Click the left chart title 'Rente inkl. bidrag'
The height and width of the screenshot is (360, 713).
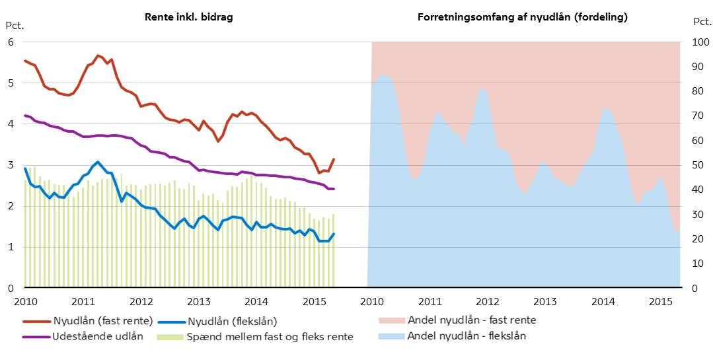click(x=189, y=17)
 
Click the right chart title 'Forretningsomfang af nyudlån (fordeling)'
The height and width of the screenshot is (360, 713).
click(x=523, y=17)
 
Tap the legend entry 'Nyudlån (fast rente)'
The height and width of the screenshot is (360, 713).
click(x=102, y=322)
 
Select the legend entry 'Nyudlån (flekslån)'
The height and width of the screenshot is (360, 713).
click(x=232, y=322)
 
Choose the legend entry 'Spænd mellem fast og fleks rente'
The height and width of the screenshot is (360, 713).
click(x=270, y=336)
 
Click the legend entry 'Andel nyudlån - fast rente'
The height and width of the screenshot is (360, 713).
click(x=472, y=320)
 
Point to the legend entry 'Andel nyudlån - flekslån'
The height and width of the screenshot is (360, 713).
click(x=467, y=336)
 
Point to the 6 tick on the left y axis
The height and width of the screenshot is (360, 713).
click(x=10, y=42)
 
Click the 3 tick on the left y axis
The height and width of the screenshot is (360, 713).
click(x=10, y=165)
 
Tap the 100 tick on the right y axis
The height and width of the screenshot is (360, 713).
click(x=698, y=42)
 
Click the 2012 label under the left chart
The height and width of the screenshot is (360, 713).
click(x=140, y=302)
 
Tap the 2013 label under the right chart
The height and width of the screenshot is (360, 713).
click(x=545, y=302)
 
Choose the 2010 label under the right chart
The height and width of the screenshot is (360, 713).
click(x=372, y=302)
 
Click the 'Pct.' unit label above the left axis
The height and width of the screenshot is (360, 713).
click(x=14, y=26)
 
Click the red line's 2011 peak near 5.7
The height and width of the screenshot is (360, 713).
click(x=98, y=55)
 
